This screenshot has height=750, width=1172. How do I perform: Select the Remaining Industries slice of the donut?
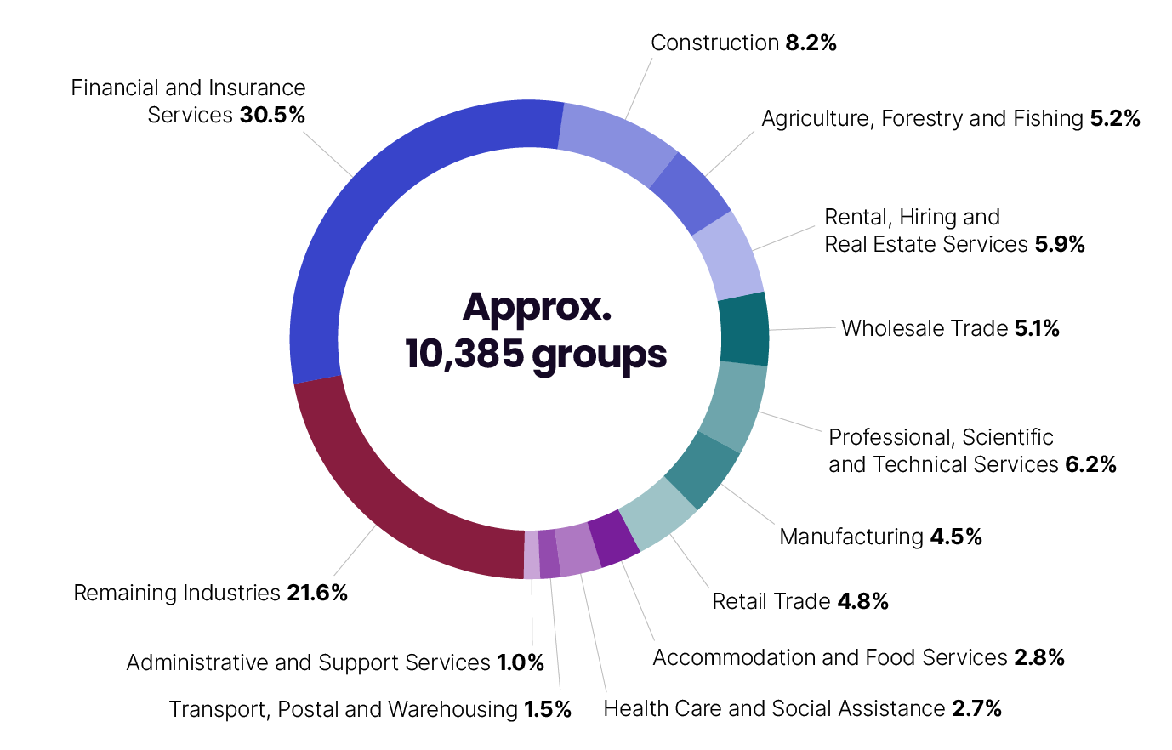pos(383,493)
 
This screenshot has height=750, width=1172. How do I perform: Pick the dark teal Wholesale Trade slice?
pos(744,330)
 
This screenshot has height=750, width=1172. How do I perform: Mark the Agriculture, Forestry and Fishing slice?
pos(689,193)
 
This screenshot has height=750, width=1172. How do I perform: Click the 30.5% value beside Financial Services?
pos(272,115)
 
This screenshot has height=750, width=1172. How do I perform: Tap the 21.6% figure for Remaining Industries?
pos(317,593)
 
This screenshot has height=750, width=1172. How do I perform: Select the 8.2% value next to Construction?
pos(811,43)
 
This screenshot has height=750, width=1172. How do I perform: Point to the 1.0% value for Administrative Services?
pos(521,662)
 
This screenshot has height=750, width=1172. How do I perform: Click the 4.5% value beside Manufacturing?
pos(956,537)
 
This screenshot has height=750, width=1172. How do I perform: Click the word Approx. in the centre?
pos(537,308)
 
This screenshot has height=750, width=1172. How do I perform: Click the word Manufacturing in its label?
pos(851,537)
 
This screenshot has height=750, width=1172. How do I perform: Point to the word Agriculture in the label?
pos(817,118)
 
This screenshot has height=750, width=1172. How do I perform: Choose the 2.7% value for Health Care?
pos(976,708)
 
